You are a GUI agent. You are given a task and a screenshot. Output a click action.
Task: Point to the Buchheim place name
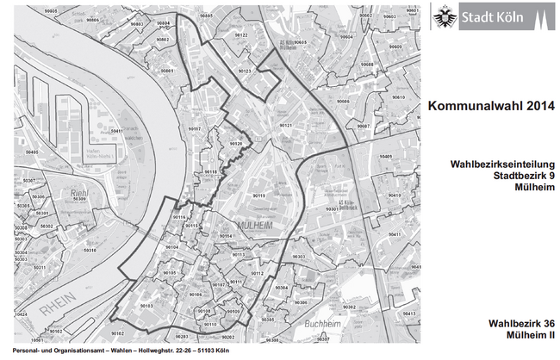pyautogui.click(x=322, y=323)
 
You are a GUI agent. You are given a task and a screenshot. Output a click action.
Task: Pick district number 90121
pyautogui.click(x=284, y=125)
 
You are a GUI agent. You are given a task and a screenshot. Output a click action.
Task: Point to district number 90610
pyautogui.click(x=397, y=98)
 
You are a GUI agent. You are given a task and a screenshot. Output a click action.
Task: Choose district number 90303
pyautogui.click(x=298, y=257)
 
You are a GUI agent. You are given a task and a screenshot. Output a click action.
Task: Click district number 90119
pyautogui.click(x=258, y=196)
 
